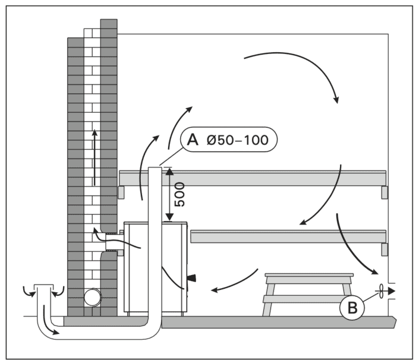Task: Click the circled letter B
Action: click(x=352, y=308)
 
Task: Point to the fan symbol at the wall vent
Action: click(x=378, y=292)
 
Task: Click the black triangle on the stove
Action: click(x=191, y=278)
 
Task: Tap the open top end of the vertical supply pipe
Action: click(x=155, y=170)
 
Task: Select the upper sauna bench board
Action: click(x=253, y=178)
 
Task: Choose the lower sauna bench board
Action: click(x=288, y=236)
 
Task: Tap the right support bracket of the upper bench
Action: click(x=383, y=192)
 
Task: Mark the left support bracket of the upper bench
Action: click(x=121, y=192)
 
